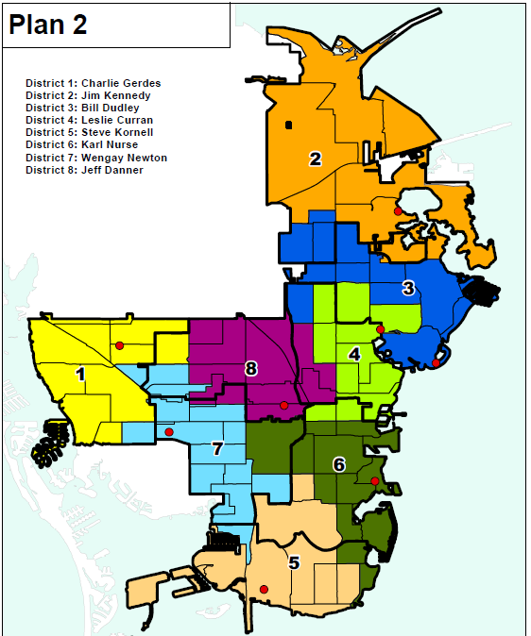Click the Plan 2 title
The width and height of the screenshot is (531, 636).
(48, 25)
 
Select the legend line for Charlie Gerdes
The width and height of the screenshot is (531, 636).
(93, 84)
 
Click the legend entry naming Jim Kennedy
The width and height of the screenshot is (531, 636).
(88, 96)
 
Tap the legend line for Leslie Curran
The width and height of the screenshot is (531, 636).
(89, 121)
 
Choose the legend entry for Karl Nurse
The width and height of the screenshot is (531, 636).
(81, 145)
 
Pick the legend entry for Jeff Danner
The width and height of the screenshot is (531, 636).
(85, 170)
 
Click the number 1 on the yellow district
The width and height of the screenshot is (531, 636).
(80, 375)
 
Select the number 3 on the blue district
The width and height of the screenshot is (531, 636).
(408, 288)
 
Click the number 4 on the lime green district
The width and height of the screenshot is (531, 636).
(353, 355)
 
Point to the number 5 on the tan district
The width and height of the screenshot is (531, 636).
(294, 563)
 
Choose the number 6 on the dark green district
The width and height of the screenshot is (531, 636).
(338, 464)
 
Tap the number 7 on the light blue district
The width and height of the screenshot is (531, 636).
(217, 449)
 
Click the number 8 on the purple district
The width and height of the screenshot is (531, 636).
(250, 369)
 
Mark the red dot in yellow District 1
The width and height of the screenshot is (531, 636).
(119, 346)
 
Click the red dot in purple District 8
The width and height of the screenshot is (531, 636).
(283, 406)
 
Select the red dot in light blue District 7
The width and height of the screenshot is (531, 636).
(169, 432)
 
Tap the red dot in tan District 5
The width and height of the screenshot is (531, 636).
(264, 590)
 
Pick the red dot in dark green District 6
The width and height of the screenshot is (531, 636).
(374, 481)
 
